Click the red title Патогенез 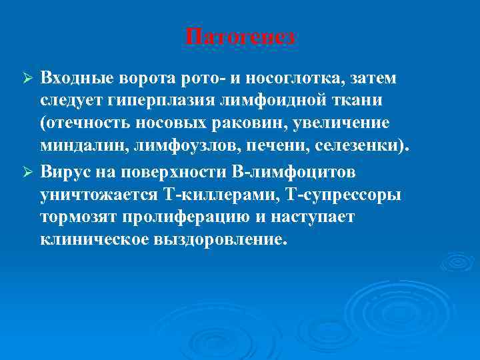pos(240,38)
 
